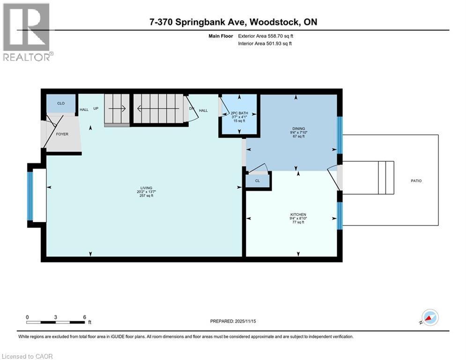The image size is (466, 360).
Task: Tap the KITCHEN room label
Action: (x=297, y=214)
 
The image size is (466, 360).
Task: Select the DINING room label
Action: (x=298, y=128)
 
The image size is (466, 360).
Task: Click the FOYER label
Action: (x=62, y=134)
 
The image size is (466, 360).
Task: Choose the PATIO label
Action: (x=415, y=180)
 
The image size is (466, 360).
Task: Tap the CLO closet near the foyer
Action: (x=61, y=103)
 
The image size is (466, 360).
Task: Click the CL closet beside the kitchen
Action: (x=258, y=180)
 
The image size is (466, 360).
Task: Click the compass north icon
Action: (x=429, y=317)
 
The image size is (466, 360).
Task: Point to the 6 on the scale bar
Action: (x=84, y=316)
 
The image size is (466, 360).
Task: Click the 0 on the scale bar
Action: (x=28, y=316)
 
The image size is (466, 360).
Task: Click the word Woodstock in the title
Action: (x=273, y=22)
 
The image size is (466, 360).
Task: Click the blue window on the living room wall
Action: (x=30, y=196)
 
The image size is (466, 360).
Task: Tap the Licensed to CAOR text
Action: (x=28, y=356)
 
